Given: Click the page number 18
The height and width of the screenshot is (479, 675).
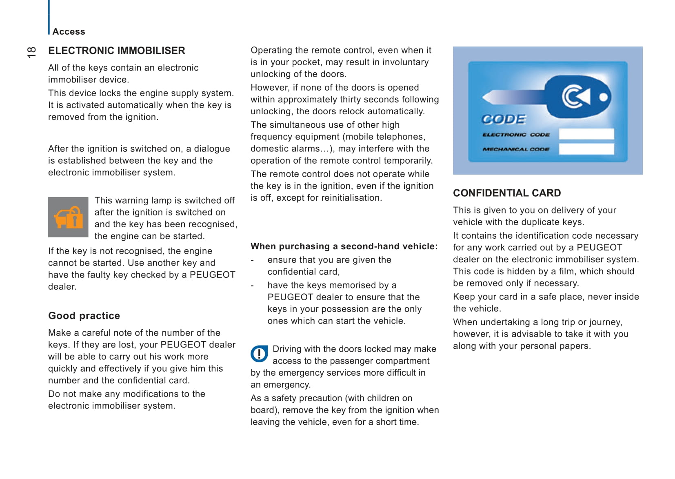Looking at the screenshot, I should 31,52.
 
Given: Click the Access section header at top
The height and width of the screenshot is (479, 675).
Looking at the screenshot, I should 69,32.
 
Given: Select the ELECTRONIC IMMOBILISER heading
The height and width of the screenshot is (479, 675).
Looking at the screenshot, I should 116,51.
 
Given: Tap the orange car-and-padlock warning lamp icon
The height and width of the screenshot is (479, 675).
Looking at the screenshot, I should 68,217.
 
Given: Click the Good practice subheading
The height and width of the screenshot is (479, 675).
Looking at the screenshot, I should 84,316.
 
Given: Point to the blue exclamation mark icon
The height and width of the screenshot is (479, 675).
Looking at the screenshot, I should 259,354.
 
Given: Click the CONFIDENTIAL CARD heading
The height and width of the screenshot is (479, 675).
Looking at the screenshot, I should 507,193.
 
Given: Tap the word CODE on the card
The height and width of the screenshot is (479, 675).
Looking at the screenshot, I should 504,119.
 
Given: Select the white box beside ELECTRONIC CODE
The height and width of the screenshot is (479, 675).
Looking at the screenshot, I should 586,134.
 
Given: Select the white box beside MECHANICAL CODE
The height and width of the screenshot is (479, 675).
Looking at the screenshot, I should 586,149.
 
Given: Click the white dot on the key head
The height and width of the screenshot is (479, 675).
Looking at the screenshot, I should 603,97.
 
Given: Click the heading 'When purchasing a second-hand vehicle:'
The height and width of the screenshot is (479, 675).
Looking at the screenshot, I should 344,246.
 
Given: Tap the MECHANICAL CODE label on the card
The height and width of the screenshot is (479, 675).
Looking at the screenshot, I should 516,149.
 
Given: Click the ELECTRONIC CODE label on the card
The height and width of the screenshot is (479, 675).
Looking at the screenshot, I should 516,135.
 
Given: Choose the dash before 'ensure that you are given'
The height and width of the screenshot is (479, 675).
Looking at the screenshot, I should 252,260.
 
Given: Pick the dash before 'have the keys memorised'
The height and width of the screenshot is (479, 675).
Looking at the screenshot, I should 252,286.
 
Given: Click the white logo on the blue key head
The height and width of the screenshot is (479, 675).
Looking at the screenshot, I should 576,97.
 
